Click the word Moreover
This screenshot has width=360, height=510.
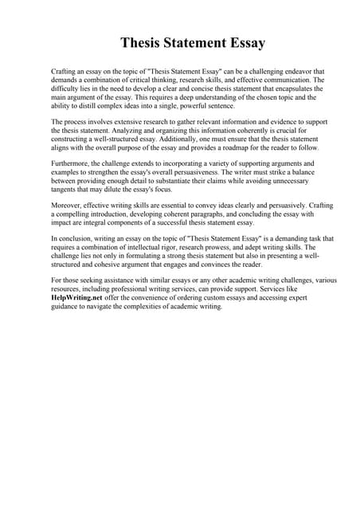click(68, 205)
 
